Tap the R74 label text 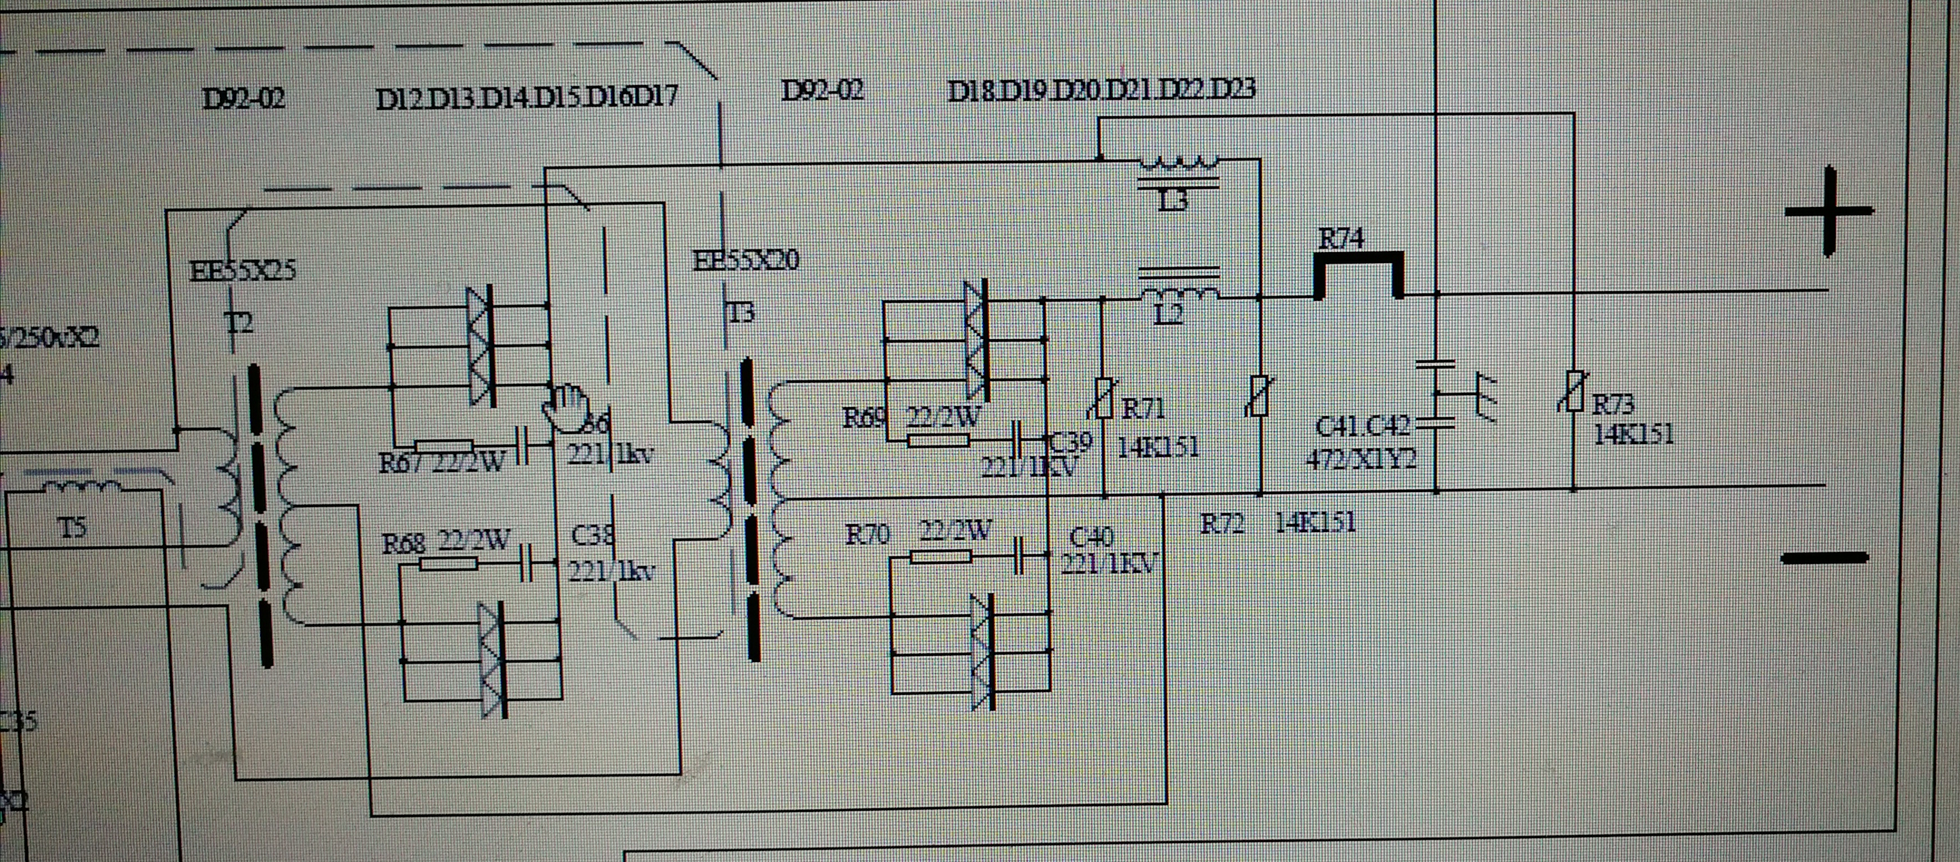[x=1340, y=239]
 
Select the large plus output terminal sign [x=1829, y=212]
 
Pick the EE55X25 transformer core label [x=242, y=271]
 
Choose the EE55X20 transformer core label [x=745, y=261]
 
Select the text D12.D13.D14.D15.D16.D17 [x=526, y=98]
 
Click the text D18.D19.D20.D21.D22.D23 [x=1101, y=90]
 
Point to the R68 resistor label [x=403, y=543]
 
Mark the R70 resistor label [x=867, y=534]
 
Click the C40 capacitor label [x=1092, y=538]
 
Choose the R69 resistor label [x=864, y=418]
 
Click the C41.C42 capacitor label [x=1362, y=427]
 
